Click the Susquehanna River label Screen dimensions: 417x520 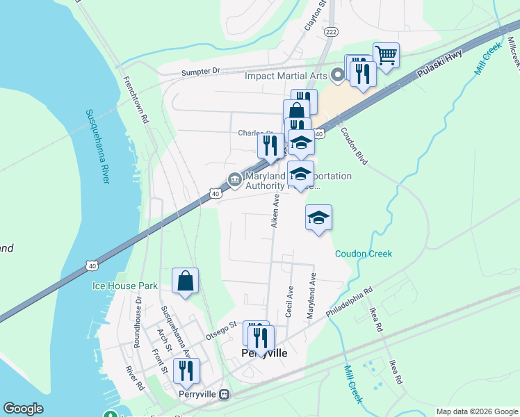click(x=98, y=146)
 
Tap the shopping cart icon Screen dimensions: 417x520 click(x=386, y=55)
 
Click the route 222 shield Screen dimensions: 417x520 click(x=332, y=33)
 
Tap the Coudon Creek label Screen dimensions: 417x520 click(x=363, y=254)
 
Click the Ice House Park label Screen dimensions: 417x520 click(x=125, y=286)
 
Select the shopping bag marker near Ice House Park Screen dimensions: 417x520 click(x=186, y=281)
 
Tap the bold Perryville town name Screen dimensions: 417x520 click(x=263, y=353)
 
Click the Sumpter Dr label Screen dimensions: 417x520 click(x=200, y=71)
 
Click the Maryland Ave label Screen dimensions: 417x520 click(x=312, y=300)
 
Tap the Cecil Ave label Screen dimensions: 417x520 click(x=289, y=302)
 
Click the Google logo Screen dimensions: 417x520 click(x=23, y=409)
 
